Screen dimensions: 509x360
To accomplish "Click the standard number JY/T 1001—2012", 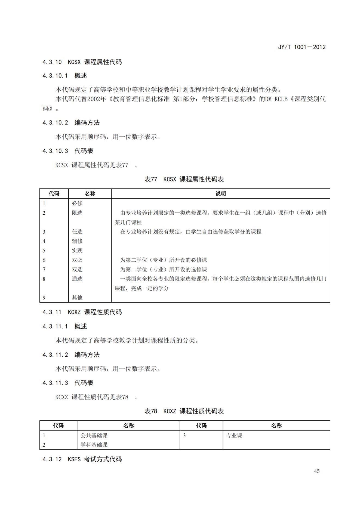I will [x=301, y=47].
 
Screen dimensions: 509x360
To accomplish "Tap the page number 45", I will [x=317, y=471].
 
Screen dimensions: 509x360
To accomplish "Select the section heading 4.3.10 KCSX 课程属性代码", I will [x=82, y=62].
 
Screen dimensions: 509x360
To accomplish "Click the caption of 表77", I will [x=184, y=179].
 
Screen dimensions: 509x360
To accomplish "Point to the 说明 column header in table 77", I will [x=220, y=194].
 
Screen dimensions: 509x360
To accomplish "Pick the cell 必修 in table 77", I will [x=77, y=203].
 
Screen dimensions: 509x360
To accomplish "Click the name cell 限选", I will [x=77, y=213].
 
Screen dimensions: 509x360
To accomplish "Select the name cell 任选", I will [x=77, y=232].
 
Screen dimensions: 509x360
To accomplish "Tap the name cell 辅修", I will [x=77, y=241].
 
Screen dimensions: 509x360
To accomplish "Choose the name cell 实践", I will [x=77, y=251].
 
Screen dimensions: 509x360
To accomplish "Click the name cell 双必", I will [x=77, y=260].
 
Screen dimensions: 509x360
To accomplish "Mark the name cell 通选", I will [x=77, y=279].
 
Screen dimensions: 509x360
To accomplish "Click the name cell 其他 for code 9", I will [x=77, y=298].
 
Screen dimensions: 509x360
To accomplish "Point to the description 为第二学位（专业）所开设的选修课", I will [x=164, y=270].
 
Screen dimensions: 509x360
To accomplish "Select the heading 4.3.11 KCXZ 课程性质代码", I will [x=82, y=312].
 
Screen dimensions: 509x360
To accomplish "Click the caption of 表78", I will [x=184, y=411].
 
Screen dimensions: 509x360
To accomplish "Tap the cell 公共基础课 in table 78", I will [x=94, y=435].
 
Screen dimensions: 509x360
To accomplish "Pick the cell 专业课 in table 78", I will [x=234, y=435].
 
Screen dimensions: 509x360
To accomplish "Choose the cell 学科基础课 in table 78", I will [x=94, y=445].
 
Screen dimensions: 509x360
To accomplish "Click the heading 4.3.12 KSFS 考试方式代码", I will [x=82, y=459].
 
